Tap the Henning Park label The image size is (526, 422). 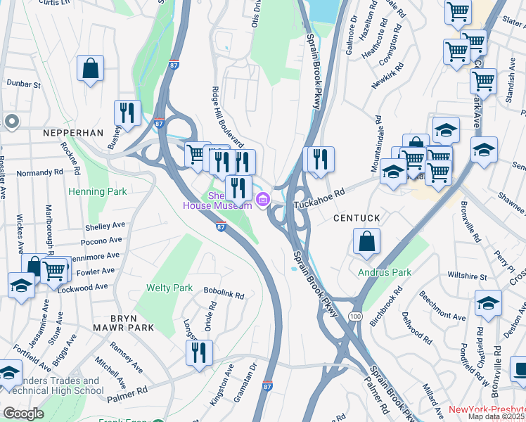click(x=97, y=191)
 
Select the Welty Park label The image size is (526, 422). click(x=169, y=288)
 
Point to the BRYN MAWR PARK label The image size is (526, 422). click(x=122, y=328)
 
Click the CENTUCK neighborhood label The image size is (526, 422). click(x=357, y=218)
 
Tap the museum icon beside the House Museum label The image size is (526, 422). click(x=264, y=200)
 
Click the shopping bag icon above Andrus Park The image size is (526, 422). click(x=366, y=243)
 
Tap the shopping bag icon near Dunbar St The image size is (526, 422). click(x=91, y=69)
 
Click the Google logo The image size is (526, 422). click(x=23, y=414)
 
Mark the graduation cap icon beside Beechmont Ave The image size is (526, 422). click(x=489, y=304)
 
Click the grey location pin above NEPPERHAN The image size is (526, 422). click(x=11, y=122)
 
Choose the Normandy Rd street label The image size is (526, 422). click(x=40, y=172)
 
